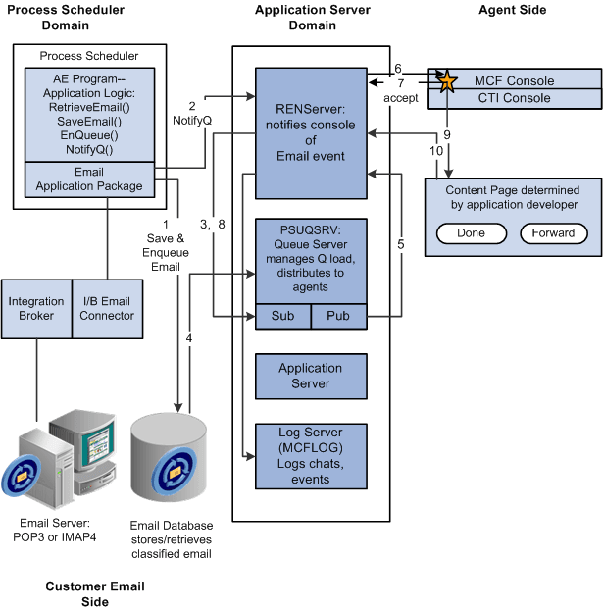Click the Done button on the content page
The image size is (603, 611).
(471, 233)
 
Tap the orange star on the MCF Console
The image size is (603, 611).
(447, 81)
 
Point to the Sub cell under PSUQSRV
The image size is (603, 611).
(282, 317)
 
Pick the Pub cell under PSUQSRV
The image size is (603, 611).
(338, 317)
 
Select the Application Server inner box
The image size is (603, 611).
(310, 376)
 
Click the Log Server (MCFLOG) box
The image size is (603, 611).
(310, 455)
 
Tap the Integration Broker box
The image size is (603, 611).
(36, 308)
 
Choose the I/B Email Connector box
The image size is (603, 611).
(107, 308)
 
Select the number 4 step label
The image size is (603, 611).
(190, 339)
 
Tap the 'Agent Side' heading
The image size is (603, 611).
(512, 10)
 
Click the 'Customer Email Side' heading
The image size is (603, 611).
(95, 593)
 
